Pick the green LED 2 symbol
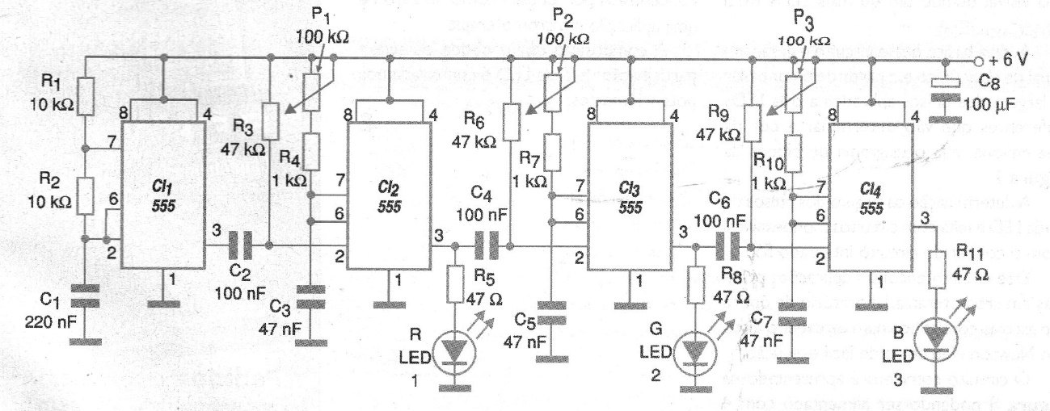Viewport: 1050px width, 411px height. click(x=694, y=353)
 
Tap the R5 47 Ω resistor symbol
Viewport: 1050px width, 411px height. click(x=456, y=283)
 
